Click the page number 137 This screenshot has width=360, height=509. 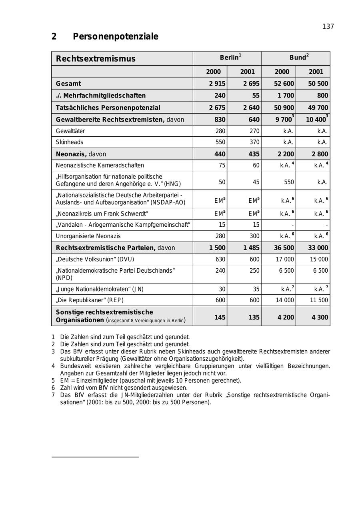pos(328,27)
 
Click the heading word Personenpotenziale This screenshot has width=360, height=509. pos(116,37)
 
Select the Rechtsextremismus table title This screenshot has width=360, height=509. pos(96,59)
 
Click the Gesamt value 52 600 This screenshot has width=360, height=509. pos(284,84)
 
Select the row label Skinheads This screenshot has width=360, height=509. pos(70,142)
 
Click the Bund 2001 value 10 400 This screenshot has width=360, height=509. pos(316,120)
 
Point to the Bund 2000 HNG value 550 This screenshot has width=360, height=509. pos(289,182)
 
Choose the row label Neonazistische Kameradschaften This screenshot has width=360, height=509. pos(100,165)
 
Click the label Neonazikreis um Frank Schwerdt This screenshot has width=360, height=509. pos(102,214)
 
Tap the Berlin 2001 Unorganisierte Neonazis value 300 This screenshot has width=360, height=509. pos(254,236)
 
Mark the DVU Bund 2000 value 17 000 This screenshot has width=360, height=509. pos(285,259)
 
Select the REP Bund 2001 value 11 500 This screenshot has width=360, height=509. pos(319,300)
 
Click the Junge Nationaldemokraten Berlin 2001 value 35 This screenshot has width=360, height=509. pos(256,289)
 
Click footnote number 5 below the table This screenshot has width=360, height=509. pos(53,380)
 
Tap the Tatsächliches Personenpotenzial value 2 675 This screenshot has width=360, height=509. pos(217,108)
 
